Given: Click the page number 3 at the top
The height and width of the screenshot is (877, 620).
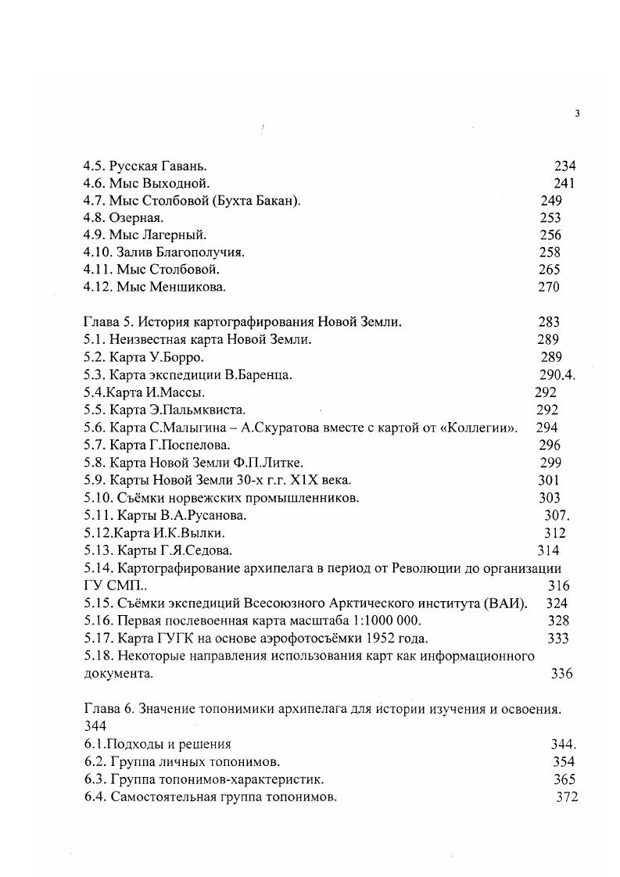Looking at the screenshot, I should click(x=577, y=113).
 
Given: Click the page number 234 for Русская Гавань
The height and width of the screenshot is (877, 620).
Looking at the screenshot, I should click(x=564, y=166).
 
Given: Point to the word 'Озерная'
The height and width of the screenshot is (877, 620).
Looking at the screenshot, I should click(x=136, y=218).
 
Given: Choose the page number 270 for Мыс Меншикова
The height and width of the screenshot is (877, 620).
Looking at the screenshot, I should click(x=549, y=287).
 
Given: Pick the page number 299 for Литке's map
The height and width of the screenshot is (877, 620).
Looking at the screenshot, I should click(x=550, y=462).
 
